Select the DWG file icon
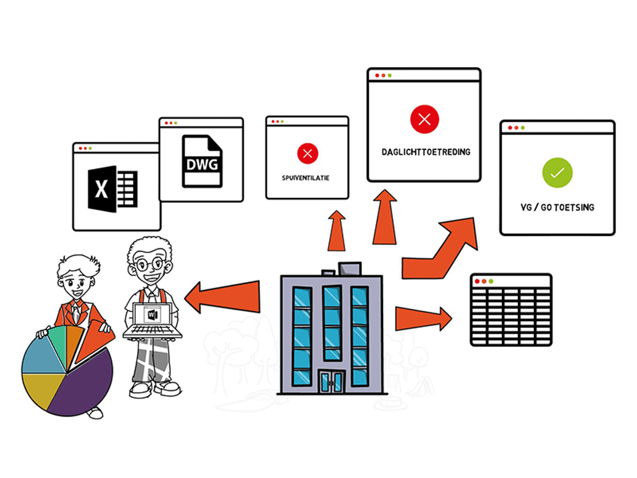(x=202, y=161)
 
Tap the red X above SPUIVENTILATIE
(x=307, y=154)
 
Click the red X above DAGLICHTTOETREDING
(x=424, y=119)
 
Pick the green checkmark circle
(x=557, y=173)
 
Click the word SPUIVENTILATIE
(x=305, y=178)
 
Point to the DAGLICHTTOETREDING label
(x=426, y=152)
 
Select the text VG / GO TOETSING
(x=557, y=207)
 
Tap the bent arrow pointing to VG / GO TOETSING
(x=441, y=250)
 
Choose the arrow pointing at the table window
(x=422, y=319)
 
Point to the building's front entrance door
(x=331, y=381)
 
